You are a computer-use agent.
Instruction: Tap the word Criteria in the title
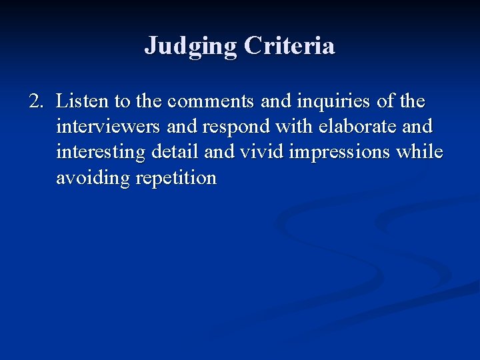click(x=289, y=46)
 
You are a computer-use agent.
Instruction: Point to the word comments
click(x=210, y=101)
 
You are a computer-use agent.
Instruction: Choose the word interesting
click(x=101, y=152)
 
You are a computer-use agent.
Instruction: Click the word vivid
click(x=257, y=152)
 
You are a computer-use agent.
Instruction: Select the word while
click(x=419, y=152)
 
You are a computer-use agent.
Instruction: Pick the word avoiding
click(x=93, y=178)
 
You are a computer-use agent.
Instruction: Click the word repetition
click(x=176, y=178)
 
